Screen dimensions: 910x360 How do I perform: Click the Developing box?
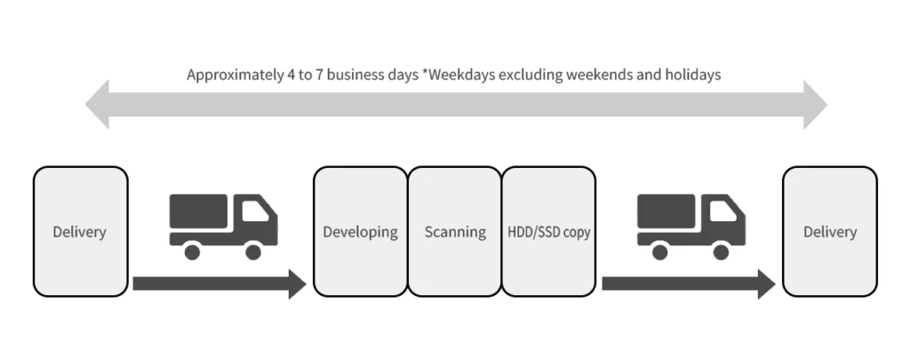point(361,232)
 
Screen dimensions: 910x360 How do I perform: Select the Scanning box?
point(454,232)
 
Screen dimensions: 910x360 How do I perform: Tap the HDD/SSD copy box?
point(548,232)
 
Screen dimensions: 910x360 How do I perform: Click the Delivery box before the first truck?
point(80,232)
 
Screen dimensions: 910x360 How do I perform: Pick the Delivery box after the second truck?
point(830,232)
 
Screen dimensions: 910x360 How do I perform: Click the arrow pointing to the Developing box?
point(220,284)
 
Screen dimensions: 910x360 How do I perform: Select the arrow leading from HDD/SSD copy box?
point(689,284)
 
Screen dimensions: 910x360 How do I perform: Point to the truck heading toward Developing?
point(223,227)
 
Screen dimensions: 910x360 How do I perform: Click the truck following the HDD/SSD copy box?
point(691,227)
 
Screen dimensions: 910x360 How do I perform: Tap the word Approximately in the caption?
point(235,76)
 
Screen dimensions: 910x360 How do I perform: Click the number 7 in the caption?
point(319,75)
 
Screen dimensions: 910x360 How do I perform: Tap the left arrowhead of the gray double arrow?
point(98,105)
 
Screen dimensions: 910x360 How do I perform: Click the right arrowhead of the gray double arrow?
point(816,105)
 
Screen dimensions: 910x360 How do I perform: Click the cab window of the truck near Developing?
point(255,212)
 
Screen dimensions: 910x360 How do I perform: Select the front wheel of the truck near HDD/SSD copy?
point(721,252)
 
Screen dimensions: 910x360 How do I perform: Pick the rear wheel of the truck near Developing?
point(192,252)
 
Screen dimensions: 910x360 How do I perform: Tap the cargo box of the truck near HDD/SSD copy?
point(666,211)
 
